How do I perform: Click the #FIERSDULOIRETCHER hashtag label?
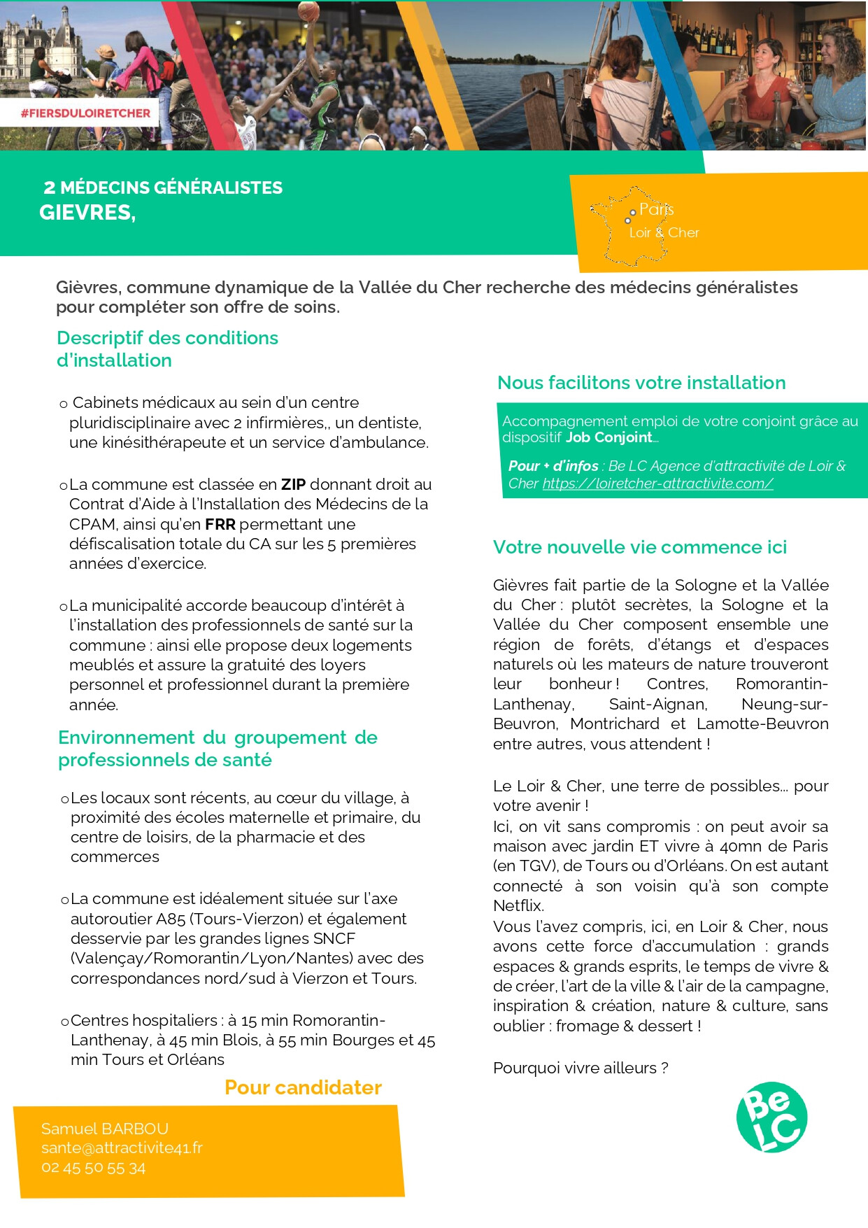tap(85, 113)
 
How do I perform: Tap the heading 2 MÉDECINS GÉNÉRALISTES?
tap(163, 188)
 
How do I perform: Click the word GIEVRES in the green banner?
tap(86, 213)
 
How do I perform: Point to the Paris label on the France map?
tap(656, 209)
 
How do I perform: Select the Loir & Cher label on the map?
tap(664, 233)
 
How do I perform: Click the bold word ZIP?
tap(293, 484)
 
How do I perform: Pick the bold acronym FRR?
tap(220, 524)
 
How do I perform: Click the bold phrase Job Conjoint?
tap(609, 437)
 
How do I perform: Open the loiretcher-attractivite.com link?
tap(657, 484)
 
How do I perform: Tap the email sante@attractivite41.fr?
tap(122, 1148)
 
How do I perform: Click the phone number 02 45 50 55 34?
tap(94, 1168)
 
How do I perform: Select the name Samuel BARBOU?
tap(105, 1129)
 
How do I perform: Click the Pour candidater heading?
tap(303, 1087)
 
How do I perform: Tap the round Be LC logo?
tap(771, 1117)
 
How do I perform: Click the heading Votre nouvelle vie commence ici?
tap(639, 547)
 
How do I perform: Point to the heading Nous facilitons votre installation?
tap(641, 383)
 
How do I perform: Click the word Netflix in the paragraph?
tap(518, 905)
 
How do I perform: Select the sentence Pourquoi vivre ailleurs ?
tap(581, 1068)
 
